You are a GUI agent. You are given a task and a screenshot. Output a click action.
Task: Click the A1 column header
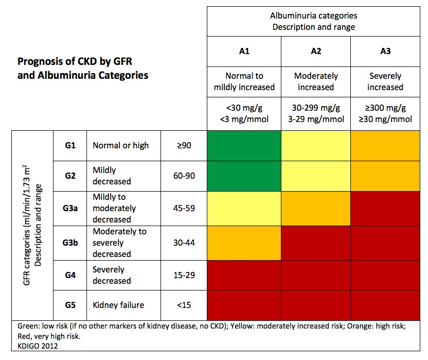244,52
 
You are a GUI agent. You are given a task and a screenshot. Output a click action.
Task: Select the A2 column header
315,52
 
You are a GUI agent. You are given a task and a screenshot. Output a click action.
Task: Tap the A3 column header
385,52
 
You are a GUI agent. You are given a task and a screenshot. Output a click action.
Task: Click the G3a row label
70,208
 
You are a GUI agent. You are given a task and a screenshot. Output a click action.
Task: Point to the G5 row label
70,305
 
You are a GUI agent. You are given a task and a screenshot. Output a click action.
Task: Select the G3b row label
70,243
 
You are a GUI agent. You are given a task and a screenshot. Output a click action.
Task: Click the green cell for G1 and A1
244,145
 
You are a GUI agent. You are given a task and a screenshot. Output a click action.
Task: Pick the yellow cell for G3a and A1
244,208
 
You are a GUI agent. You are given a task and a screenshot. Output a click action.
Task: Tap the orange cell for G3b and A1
244,243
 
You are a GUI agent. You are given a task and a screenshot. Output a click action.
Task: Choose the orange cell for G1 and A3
385,145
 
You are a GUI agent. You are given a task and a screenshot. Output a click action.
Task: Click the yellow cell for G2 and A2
315,176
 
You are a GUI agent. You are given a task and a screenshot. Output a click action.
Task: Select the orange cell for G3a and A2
315,208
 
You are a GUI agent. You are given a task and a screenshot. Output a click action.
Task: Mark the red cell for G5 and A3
385,305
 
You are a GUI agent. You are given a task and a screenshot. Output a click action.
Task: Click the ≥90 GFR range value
184,146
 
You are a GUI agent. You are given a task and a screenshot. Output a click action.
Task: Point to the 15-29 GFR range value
184,275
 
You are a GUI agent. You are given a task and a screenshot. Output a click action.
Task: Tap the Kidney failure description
118,305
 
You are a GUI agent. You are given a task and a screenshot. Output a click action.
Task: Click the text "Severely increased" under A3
385,81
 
